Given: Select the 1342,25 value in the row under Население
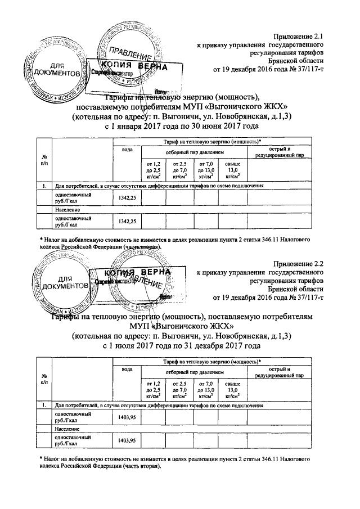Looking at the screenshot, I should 128,222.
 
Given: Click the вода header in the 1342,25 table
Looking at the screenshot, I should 128,149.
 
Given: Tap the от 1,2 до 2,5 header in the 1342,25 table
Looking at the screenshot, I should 153,169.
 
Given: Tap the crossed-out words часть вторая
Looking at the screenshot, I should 141,246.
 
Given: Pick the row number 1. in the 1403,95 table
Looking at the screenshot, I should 43,404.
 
